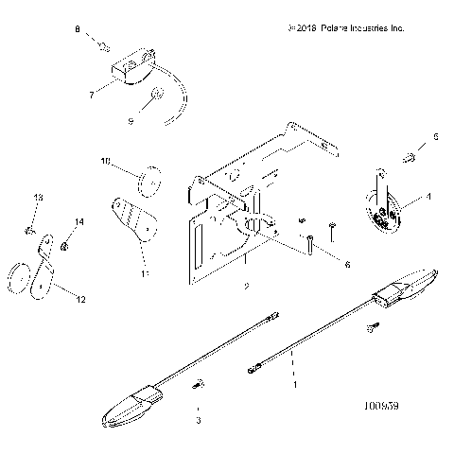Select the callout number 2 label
[x=246, y=285]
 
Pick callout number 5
[x=435, y=137]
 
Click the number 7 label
[x=91, y=96]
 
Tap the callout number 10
[x=106, y=162]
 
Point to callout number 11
[x=145, y=273]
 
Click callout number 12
[x=79, y=300]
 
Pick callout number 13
[x=39, y=197]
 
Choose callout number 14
[x=79, y=221]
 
